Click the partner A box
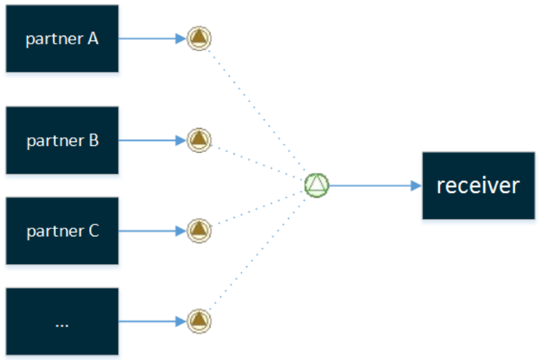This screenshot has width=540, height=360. pyautogui.click(x=62, y=39)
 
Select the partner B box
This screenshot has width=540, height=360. pyautogui.click(x=62, y=140)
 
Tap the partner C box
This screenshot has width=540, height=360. pyautogui.click(x=62, y=231)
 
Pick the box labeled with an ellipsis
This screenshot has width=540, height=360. pyautogui.click(x=62, y=321)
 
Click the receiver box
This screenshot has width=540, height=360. pyautogui.click(x=478, y=186)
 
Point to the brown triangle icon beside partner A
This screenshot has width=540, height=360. pyautogui.click(x=199, y=38)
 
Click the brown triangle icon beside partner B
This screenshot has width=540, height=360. pyautogui.click(x=199, y=140)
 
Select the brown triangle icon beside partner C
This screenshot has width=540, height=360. pyautogui.click(x=199, y=231)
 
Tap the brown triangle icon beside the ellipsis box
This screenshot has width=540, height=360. pyautogui.click(x=199, y=321)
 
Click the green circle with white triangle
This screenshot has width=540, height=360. pyautogui.click(x=317, y=185)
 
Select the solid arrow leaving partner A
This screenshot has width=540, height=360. pyautogui.click(x=153, y=39)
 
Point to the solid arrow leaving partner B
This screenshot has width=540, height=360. pyautogui.click(x=153, y=140)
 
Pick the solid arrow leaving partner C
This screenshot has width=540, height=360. pyautogui.click(x=153, y=231)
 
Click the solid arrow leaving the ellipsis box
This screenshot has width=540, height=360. pyautogui.click(x=153, y=321)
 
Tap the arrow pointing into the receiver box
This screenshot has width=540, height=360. pyautogui.click(x=376, y=186)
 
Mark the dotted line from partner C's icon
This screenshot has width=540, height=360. pyautogui.click(x=258, y=209)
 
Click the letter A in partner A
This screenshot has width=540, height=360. pyautogui.click(x=93, y=39)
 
